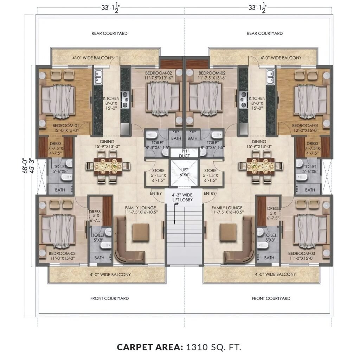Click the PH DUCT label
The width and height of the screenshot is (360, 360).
[184, 154]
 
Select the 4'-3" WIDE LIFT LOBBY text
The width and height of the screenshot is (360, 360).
[182, 198]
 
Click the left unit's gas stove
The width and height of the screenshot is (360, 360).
[125, 99]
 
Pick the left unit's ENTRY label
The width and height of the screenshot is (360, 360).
[156, 194]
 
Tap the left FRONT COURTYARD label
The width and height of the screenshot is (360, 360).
[110, 298]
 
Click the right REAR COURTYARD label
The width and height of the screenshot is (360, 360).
[265, 33]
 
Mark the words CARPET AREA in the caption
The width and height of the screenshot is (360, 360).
[150, 347]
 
